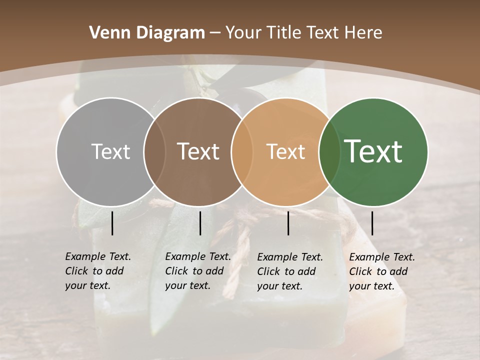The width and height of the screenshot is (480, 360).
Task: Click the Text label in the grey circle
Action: click(110, 151)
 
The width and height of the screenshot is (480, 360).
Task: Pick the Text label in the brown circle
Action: click(198, 151)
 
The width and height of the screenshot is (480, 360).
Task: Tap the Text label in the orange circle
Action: click(285, 151)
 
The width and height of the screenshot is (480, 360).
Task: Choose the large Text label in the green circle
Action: click(373, 151)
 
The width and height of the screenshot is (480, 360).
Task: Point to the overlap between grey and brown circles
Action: click(154, 151)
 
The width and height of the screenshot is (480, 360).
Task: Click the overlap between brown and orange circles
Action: click(242, 151)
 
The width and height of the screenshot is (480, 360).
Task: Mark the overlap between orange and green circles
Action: click(329, 151)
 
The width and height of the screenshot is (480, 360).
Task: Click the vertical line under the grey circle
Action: click(112, 223)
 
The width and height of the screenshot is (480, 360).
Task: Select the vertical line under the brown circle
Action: click(200, 223)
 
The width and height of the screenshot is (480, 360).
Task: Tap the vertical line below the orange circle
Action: click(288, 223)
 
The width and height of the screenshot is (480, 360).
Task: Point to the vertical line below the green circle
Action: click(372, 223)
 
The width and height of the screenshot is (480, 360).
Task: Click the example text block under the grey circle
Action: click(98, 271)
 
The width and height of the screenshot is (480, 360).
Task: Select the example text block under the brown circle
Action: click(198, 271)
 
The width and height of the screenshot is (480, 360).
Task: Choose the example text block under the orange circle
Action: click(290, 271)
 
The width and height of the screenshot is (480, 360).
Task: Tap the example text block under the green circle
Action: click(382, 271)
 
